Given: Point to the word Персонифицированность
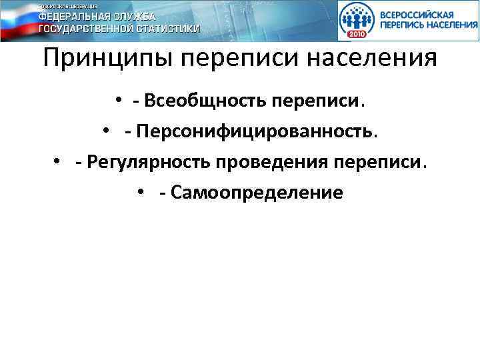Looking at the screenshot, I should [x=256, y=132].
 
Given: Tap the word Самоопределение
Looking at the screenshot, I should [x=257, y=193].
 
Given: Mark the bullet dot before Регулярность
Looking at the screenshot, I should [x=58, y=163].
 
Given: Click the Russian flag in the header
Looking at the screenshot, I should [x=17, y=20].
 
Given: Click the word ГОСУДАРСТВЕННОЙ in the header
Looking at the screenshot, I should [x=83, y=29].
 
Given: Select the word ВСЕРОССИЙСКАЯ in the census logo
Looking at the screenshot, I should [x=417, y=14].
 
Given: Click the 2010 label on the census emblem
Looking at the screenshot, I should [x=357, y=34].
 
